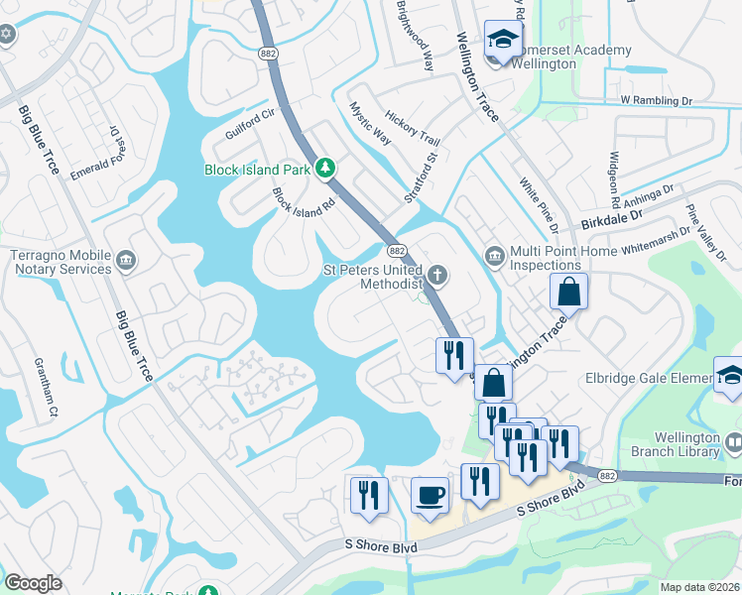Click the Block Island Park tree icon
click(x=323, y=169)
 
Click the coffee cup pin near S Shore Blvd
click(x=430, y=495)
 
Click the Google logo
click(x=33, y=583)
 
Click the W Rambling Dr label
click(x=656, y=101)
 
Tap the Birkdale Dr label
click(x=613, y=222)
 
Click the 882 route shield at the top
click(x=267, y=53)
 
